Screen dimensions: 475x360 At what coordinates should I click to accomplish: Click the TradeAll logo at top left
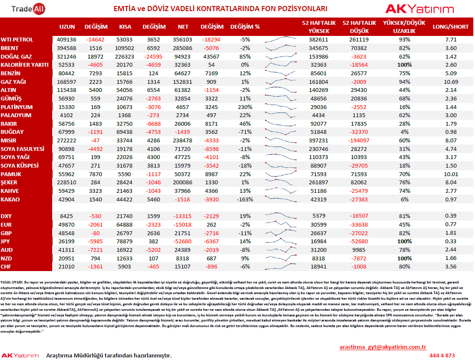click(28, 9)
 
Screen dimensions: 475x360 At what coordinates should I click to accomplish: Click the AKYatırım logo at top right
click(419, 9)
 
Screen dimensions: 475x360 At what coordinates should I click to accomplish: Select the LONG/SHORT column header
click(451, 27)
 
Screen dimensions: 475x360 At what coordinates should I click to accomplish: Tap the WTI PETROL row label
click(17, 40)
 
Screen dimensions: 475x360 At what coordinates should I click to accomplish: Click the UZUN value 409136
click(66, 40)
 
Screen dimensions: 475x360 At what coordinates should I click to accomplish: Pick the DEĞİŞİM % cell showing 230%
click(245, 107)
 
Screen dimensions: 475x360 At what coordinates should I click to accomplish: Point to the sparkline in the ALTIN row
click(280, 89)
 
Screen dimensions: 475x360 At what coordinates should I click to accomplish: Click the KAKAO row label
click(10, 199)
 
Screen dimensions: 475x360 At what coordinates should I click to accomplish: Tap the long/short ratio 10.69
click(451, 82)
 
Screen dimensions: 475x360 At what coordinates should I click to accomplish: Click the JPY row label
click(5, 242)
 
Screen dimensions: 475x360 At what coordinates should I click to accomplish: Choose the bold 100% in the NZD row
click(404, 259)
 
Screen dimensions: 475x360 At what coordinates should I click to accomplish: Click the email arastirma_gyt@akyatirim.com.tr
click(383, 347)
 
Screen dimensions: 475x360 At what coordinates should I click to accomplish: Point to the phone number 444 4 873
click(442, 355)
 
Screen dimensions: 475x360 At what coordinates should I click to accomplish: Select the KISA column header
click(125, 27)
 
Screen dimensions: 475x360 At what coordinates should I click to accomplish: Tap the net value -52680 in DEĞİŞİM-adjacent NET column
click(183, 242)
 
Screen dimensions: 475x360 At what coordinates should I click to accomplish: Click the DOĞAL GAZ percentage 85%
click(245, 57)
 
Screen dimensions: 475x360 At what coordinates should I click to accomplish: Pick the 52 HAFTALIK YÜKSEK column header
click(319, 27)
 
